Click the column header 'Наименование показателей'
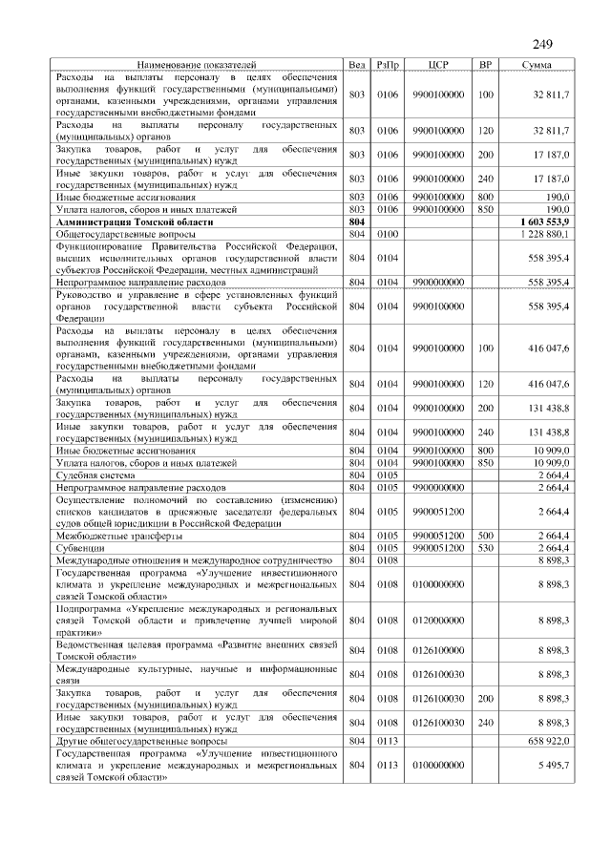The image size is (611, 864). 198,64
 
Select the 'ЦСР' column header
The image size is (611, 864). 438,64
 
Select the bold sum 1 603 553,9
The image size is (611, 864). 542,221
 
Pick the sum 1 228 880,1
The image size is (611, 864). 543,233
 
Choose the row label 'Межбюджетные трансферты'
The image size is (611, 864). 116,536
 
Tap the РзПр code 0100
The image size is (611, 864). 388,233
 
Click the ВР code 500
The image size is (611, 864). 485,536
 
